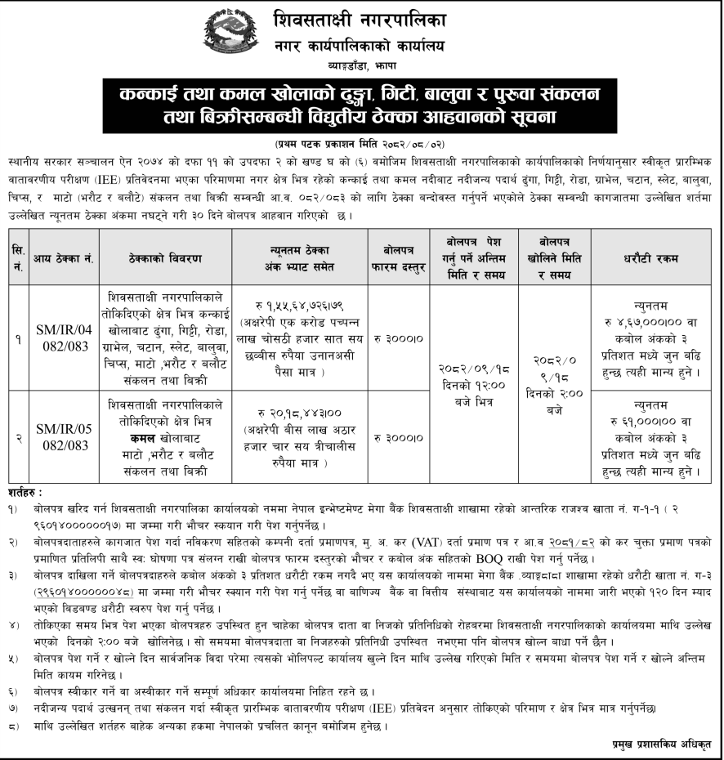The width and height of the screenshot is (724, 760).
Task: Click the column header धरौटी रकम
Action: pyautogui.click(x=650, y=259)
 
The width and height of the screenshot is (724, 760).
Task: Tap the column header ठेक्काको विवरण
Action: pyautogui.click(x=165, y=259)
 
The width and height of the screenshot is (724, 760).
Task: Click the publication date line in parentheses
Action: pyautogui.click(x=361, y=141)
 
